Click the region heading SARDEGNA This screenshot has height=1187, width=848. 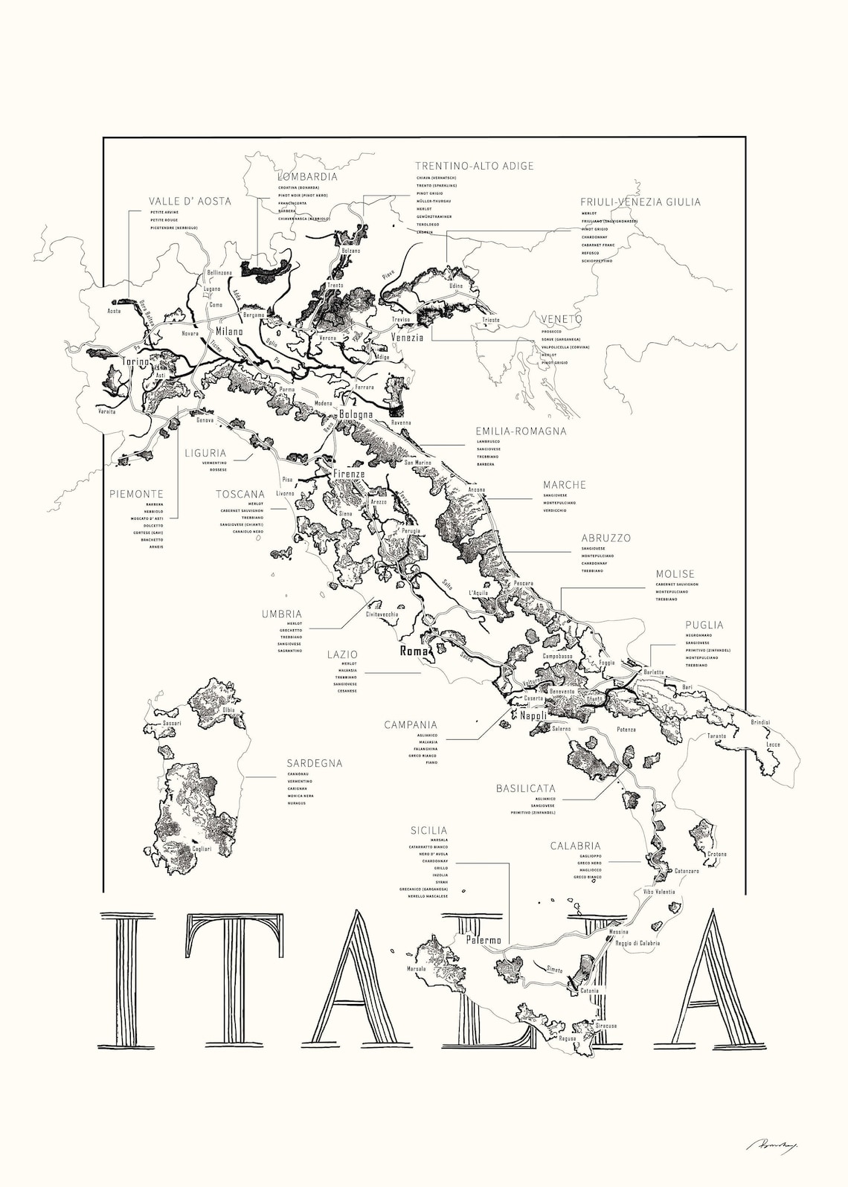click(315, 763)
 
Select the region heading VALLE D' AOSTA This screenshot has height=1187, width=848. click(190, 201)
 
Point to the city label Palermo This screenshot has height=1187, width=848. click(484, 940)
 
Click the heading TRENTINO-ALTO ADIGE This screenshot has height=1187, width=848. click(475, 166)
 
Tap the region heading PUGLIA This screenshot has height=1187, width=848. click(704, 625)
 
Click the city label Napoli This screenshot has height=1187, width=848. click(533, 715)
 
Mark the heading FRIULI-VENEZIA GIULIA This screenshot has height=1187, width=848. click(640, 202)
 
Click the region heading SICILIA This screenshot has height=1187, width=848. click(428, 830)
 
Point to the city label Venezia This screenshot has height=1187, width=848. click(408, 337)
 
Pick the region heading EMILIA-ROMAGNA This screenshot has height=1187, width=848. click(521, 431)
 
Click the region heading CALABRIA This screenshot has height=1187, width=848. click(575, 846)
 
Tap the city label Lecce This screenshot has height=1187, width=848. click(774, 744)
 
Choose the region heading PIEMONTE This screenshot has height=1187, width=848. click(136, 493)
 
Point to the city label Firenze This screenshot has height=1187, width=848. click(349, 474)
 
